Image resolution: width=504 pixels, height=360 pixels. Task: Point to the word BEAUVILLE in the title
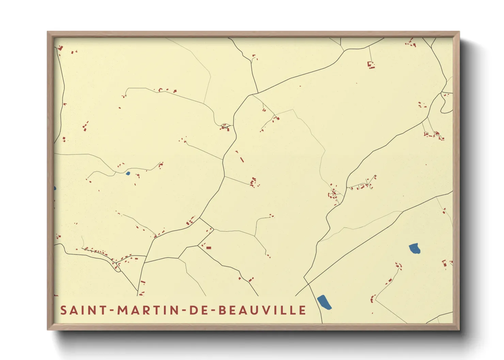[x=262, y=310]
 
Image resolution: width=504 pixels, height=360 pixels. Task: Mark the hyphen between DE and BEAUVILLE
[x=213, y=311]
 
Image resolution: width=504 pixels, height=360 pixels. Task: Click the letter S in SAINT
[x=63, y=310]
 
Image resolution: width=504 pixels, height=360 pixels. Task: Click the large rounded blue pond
[x=414, y=249]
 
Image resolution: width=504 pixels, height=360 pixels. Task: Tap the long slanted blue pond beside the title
[x=324, y=302]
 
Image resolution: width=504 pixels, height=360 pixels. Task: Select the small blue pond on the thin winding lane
[x=128, y=174]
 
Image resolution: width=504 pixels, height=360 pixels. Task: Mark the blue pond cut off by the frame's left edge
[x=55, y=188]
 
